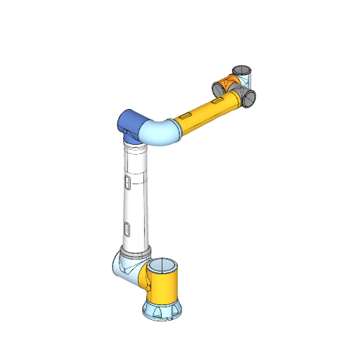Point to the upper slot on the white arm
[x=127, y=184]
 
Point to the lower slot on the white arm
[x=127, y=229]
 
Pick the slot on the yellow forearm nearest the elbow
[x=185, y=114]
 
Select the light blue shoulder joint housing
[x=124, y=268]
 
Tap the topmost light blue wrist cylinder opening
[x=242, y=70]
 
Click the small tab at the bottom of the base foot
[x=169, y=319]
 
